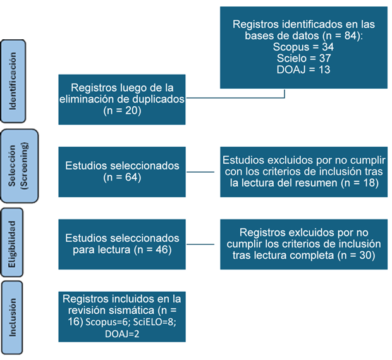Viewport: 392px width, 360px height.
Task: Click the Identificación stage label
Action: (x=13, y=81)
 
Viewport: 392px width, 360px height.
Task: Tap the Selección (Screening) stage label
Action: (x=19, y=166)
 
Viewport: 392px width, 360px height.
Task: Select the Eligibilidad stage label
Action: (x=12, y=244)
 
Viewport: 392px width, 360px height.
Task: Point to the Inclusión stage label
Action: (x=12, y=317)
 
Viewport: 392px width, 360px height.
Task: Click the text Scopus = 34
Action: (x=303, y=47)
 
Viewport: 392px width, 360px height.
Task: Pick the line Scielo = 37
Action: (x=303, y=58)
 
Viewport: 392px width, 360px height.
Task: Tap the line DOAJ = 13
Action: (x=303, y=70)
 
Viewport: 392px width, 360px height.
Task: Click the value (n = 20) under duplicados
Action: (x=122, y=110)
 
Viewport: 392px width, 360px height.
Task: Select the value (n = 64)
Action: (x=122, y=177)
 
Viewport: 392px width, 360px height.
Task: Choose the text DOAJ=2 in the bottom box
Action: (x=122, y=334)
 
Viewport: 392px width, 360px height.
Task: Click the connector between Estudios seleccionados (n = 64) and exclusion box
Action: (x=200, y=172)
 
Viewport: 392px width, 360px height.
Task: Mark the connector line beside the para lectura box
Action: (x=200, y=244)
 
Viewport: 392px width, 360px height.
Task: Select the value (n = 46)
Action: (x=153, y=250)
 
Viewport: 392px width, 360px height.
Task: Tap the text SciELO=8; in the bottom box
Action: (x=154, y=322)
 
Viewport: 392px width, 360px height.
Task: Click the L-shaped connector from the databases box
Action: (x=235, y=98)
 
